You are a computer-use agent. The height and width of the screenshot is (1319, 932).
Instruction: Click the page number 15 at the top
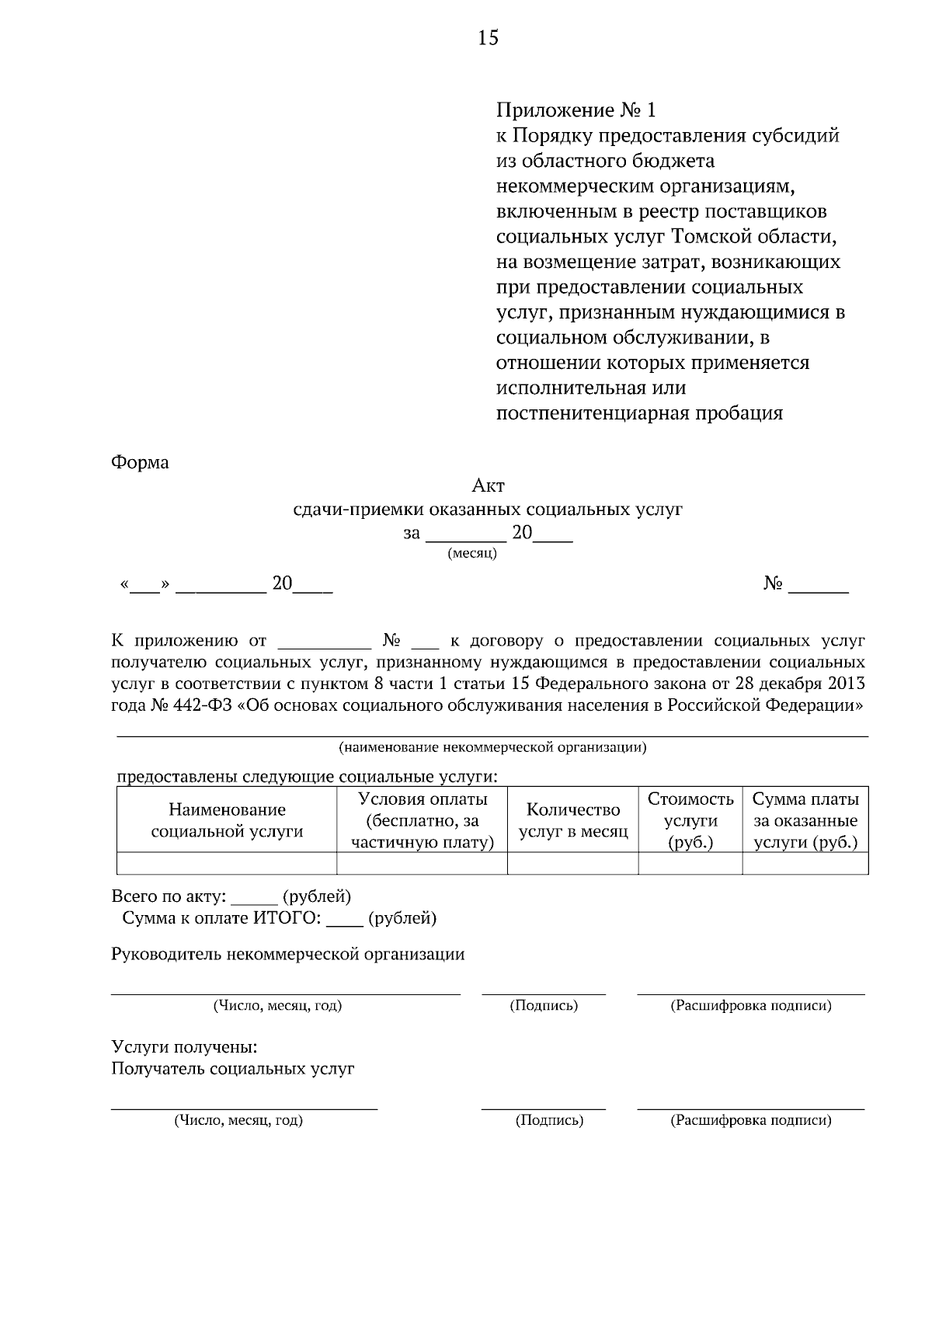click(488, 37)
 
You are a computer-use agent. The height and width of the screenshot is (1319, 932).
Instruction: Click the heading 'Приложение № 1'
click(576, 110)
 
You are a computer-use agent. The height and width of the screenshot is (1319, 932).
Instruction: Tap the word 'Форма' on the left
click(140, 463)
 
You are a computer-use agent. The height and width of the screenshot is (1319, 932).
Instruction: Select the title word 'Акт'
click(488, 486)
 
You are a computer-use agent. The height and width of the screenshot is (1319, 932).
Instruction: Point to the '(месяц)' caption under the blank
click(472, 554)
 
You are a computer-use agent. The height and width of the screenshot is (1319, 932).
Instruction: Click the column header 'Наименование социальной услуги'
click(227, 820)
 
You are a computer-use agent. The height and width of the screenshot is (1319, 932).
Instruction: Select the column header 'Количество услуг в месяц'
click(572, 820)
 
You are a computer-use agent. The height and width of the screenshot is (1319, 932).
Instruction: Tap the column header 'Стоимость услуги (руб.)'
click(690, 820)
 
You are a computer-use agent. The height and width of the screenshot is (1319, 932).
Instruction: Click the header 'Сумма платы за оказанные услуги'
click(805, 820)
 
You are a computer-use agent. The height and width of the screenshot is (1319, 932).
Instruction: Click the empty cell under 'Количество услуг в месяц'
click(572, 863)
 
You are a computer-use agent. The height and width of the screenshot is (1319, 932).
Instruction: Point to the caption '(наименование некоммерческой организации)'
click(492, 748)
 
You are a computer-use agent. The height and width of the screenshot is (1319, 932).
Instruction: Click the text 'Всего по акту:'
click(169, 897)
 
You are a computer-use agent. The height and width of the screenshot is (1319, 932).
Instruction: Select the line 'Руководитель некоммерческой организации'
click(287, 955)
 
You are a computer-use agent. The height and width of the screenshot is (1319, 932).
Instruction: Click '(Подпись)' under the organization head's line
click(543, 1006)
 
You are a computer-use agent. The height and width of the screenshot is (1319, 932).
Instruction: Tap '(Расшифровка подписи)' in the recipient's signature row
click(750, 1121)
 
